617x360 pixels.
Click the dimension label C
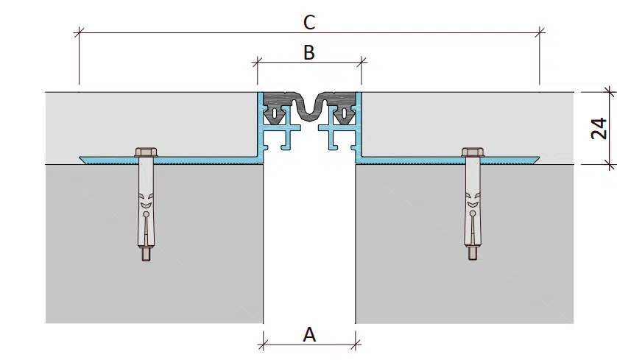309,22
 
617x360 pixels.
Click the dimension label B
309,52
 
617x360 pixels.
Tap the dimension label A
309,335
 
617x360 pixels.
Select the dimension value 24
599,128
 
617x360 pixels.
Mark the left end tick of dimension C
79,32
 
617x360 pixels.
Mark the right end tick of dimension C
540,32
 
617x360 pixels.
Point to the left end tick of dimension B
258,63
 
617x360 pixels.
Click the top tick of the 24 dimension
608,91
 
